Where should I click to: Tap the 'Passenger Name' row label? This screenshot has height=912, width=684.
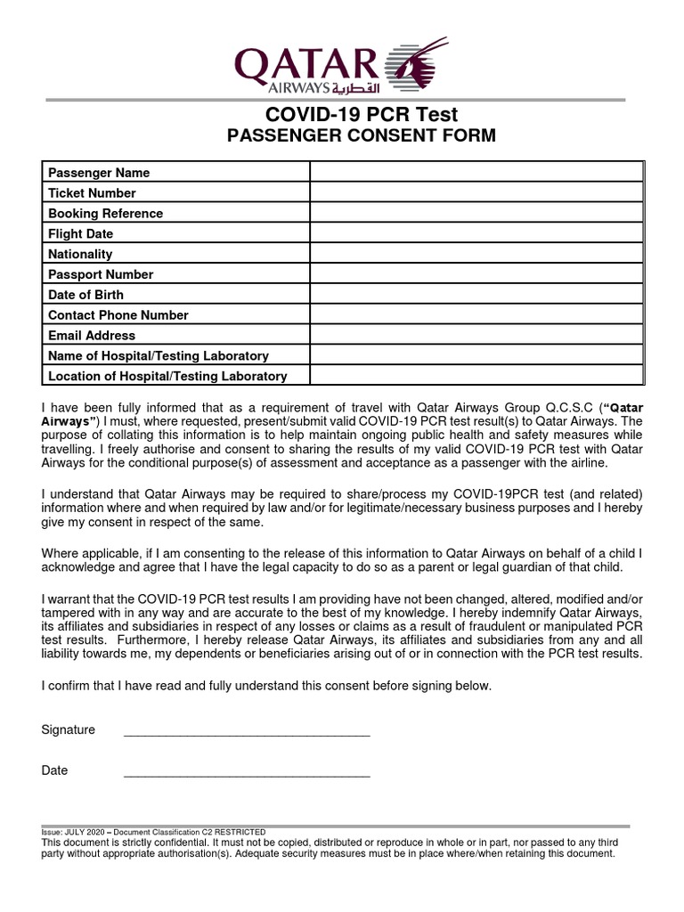(x=99, y=173)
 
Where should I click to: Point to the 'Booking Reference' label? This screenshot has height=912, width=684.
(x=105, y=214)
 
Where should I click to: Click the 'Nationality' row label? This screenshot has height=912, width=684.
(x=80, y=255)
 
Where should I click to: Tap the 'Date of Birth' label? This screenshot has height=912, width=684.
(x=85, y=295)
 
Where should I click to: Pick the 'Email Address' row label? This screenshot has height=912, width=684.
(x=92, y=336)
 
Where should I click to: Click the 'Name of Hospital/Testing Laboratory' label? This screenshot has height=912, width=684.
(x=159, y=356)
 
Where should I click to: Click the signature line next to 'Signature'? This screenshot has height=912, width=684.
(x=246, y=734)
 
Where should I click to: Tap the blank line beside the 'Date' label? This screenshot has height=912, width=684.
(x=246, y=775)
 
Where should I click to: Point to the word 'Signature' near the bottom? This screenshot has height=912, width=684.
(x=69, y=730)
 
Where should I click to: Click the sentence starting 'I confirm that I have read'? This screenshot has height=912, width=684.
(x=266, y=686)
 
